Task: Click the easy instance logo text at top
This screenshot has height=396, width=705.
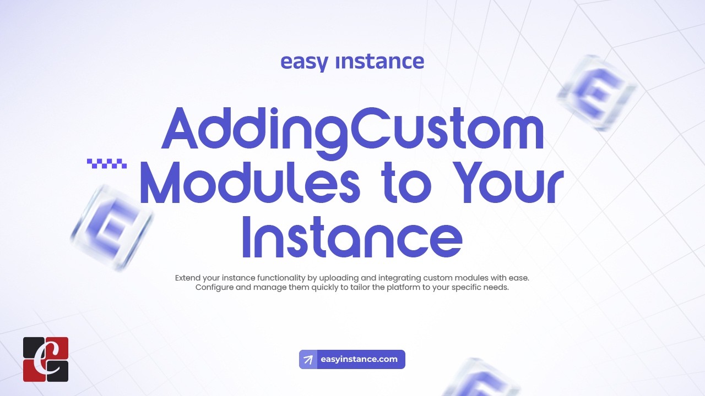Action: tap(352, 62)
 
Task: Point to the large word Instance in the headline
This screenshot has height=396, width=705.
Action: tap(352, 237)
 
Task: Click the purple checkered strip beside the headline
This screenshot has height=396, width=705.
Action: tap(107, 163)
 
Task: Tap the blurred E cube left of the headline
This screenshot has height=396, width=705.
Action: tap(111, 227)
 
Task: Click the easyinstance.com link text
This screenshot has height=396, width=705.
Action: tap(359, 359)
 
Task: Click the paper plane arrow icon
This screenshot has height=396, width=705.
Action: tap(308, 360)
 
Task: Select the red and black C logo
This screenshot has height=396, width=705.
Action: tap(46, 359)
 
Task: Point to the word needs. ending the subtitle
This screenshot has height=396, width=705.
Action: tap(495, 288)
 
